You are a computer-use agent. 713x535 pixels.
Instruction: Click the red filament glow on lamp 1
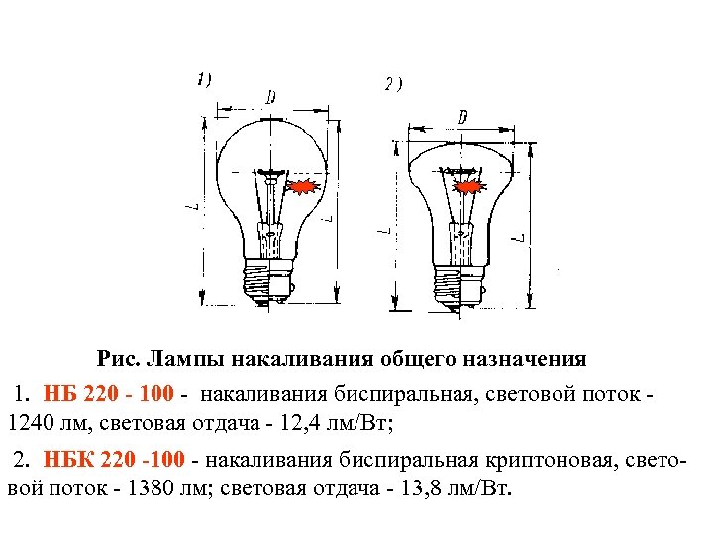(x=302, y=186)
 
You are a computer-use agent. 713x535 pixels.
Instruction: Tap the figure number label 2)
(x=393, y=86)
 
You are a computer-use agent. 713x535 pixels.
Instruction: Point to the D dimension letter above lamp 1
(x=269, y=96)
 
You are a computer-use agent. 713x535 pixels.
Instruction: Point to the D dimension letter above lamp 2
(x=461, y=118)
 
